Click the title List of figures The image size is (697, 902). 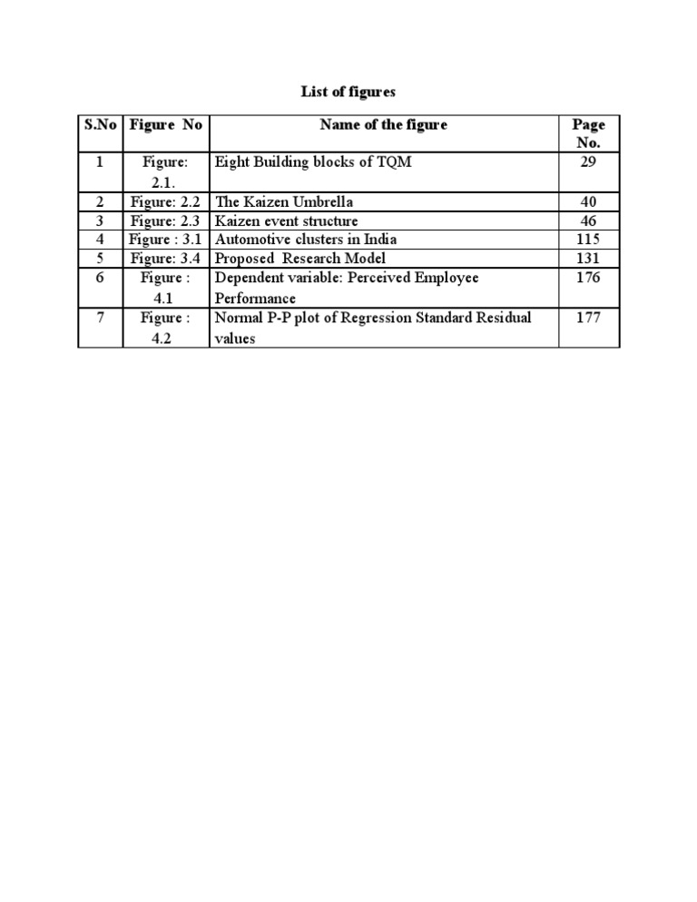pyautogui.click(x=348, y=92)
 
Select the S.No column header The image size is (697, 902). pyautogui.click(x=100, y=125)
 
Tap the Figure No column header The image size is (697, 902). pyautogui.click(x=165, y=125)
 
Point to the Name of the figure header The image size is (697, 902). pyautogui.click(x=383, y=125)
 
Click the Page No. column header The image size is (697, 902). pyautogui.click(x=588, y=133)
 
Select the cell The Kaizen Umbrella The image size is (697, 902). pyautogui.click(x=283, y=201)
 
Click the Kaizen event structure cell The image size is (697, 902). pyautogui.click(x=286, y=221)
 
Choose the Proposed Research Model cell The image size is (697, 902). pyautogui.click(x=299, y=259)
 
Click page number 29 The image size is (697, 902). pyautogui.click(x=588, y=163)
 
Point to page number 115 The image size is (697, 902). pyautogui.click(x=588, y=240)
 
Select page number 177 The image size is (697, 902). pyautogui.click(x=588, y=318)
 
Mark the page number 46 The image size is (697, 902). pyautogui.click(x=588, y=221)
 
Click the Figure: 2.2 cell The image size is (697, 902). pyautogui.click(x=165, y=201)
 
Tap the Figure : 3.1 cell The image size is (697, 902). pyautogui.click(x=165, y=240)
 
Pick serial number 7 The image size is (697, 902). pyautogui.click(x=100, y=318)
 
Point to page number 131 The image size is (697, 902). pyautogui.click(x=588, y=259)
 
